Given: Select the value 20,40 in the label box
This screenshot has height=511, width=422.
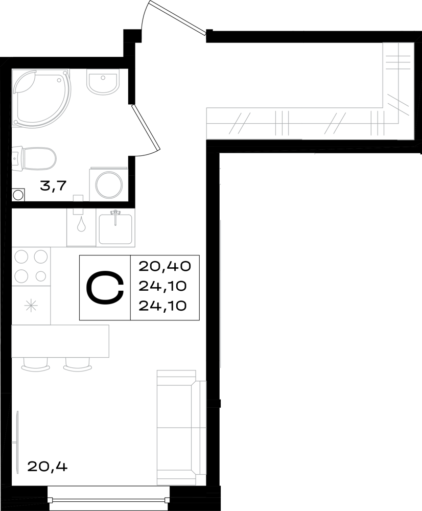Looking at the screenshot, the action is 164,267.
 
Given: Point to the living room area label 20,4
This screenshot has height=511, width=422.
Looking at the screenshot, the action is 47,467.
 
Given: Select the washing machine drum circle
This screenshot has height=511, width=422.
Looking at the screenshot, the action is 109,184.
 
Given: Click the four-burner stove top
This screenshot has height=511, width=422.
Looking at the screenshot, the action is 31,266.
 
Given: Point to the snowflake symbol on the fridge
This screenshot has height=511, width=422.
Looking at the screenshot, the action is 32,306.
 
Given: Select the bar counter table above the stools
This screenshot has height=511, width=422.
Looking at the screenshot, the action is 60,341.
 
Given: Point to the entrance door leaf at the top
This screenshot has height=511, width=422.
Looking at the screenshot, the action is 178,17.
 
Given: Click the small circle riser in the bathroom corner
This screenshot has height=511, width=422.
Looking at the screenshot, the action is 18,195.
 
